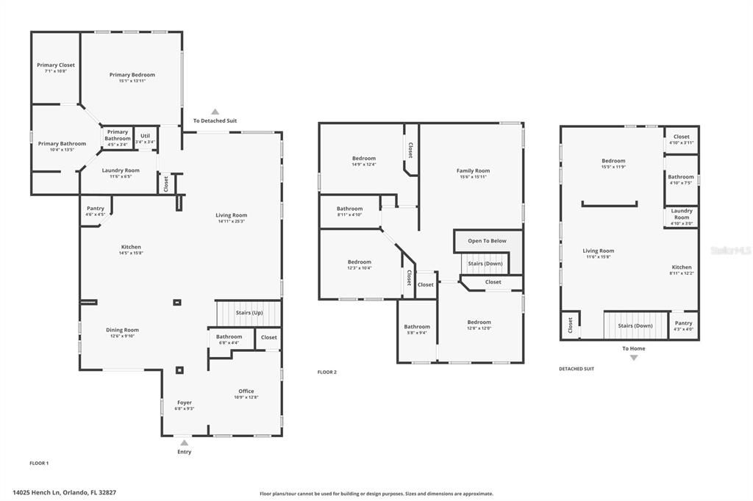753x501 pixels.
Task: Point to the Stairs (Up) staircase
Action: (x=249, y=313)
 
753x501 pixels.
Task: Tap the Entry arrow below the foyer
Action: (x=184, y=443)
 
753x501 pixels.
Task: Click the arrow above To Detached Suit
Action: (x=215, y=112)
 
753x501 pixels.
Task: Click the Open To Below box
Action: (x=487, y=240)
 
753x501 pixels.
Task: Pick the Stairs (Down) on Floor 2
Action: (x=485, y=263)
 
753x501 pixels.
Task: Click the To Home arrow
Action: (x=633, y=357)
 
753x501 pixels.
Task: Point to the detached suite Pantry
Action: (x=683, y=325)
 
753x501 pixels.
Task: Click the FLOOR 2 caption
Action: (x=326, y=372)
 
